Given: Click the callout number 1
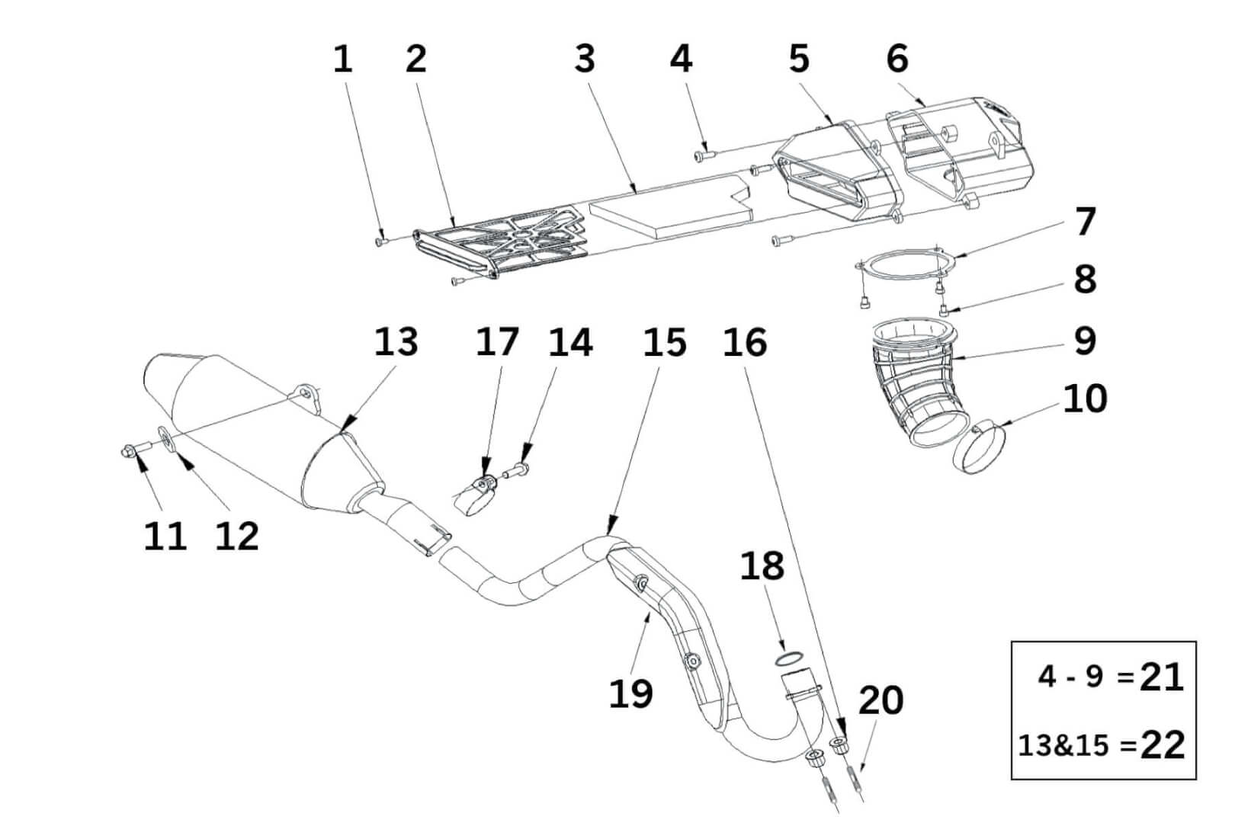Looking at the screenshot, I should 343,59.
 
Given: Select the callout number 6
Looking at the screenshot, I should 897,59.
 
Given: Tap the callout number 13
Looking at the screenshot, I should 396,342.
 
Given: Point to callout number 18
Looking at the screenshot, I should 762,566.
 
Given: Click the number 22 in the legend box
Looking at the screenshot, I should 1163,745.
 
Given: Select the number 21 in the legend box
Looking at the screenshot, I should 1161,677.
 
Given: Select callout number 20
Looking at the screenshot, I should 881,700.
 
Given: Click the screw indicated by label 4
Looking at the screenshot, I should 704,156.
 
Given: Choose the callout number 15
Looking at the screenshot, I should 664,342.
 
